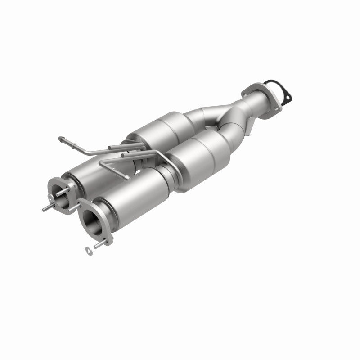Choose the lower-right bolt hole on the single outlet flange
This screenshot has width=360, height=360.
click(x=274, y=105)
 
